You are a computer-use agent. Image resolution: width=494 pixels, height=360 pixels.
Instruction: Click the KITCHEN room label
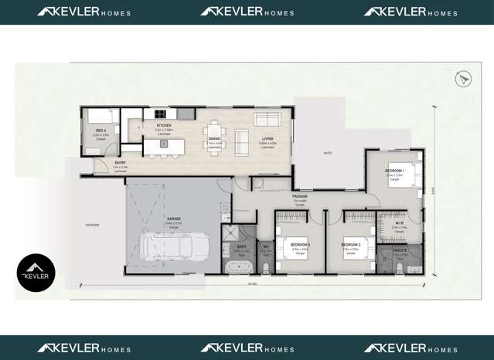(x=164, y=125)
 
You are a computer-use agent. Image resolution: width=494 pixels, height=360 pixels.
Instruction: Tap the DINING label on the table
(x=214, y=139)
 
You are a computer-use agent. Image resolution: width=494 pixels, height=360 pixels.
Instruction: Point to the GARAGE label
(x=174, y=219)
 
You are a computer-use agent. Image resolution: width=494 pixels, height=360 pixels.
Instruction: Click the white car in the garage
(x=175, y=247)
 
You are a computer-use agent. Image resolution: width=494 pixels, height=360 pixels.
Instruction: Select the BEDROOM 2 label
(x=353, y=245)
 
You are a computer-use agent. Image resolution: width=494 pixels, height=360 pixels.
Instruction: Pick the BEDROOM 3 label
(x=301, y=245)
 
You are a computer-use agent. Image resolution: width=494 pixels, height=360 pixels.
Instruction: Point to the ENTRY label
(x=121, y=162)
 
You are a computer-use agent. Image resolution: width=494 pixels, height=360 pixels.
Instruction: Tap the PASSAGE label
(x=300, y=197)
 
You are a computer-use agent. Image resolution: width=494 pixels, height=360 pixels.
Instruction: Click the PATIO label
(x=328, y=153)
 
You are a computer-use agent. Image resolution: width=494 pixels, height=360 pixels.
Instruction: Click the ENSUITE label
(x=400, y=251)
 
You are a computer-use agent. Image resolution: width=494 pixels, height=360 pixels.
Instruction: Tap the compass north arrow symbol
(x=463, y=78)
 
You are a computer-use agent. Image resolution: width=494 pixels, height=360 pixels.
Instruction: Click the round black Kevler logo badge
(x=36, y=273)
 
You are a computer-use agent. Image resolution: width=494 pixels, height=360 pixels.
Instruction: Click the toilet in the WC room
(x=265, y=267)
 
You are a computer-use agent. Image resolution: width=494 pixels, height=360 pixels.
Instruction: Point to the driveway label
(x=93, y=225)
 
